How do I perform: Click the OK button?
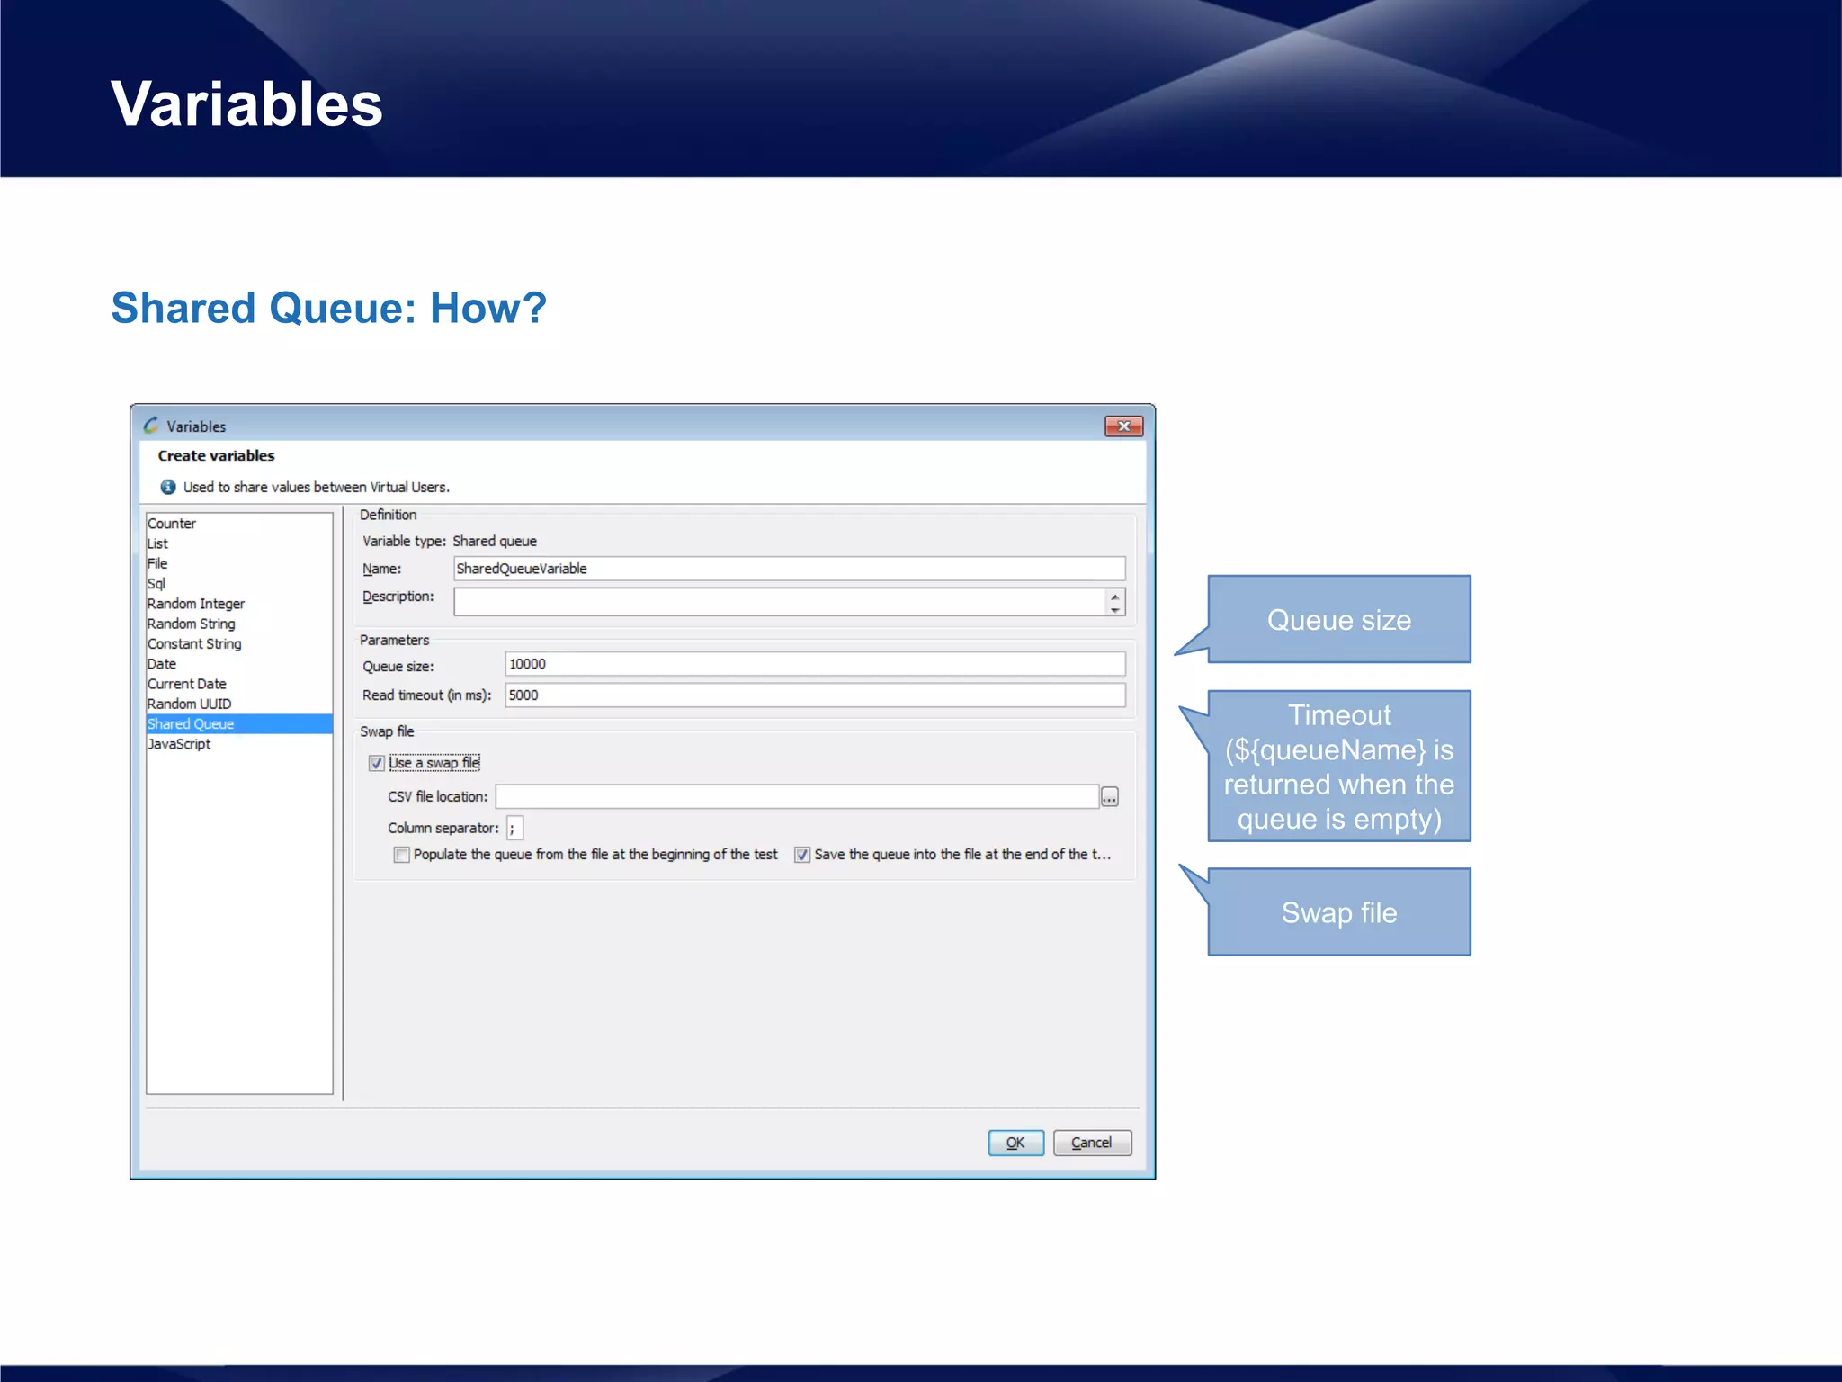tap(1015, 1143)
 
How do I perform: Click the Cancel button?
tap(1091, 1143)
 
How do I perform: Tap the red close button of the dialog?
tap(1123, 426)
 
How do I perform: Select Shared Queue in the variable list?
tap(191, 724)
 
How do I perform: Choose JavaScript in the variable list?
tap(179, 744)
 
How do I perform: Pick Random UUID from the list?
tap(189, 704)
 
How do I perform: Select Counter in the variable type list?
tap(172, 524)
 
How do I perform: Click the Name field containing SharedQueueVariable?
tap(789, 569)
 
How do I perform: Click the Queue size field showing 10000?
tap(814, 664)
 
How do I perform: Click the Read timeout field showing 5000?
tap(814, 695)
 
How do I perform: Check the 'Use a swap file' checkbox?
tap(377, 764)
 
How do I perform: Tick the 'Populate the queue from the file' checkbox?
tap(402, 855)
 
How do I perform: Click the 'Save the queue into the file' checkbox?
tap(802, 855)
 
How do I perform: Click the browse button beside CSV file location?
tap(1110, 797)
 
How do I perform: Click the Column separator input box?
tap(514, 828)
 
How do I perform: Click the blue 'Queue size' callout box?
tap(1338, 620)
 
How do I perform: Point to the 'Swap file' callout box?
tap(1338, 912)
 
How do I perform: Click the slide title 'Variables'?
tap(247, 103)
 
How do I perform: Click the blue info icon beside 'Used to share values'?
tap(168, 487)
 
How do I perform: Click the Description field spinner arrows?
tap(1115, 602)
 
